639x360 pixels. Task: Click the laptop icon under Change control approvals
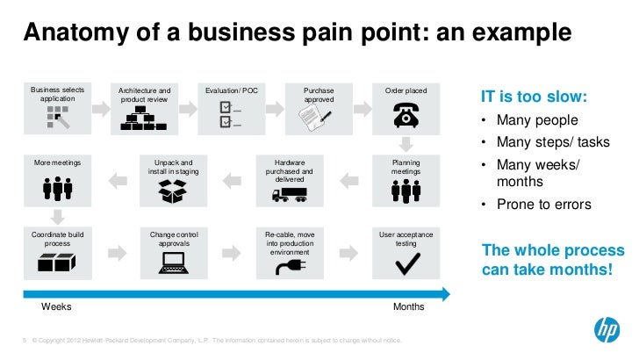(x=174, y=262)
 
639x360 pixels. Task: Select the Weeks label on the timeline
(x=56, y=307)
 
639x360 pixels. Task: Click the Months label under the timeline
(x=409, y=307)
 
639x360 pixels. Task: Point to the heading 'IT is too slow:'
(x=534, y=97)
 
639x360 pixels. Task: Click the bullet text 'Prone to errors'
(x=544, y=205)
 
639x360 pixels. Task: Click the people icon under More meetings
(x=57, y=190)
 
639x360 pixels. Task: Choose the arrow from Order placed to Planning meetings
(x=406, y=144)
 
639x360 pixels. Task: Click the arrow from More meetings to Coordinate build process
(x=57, y=216)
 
